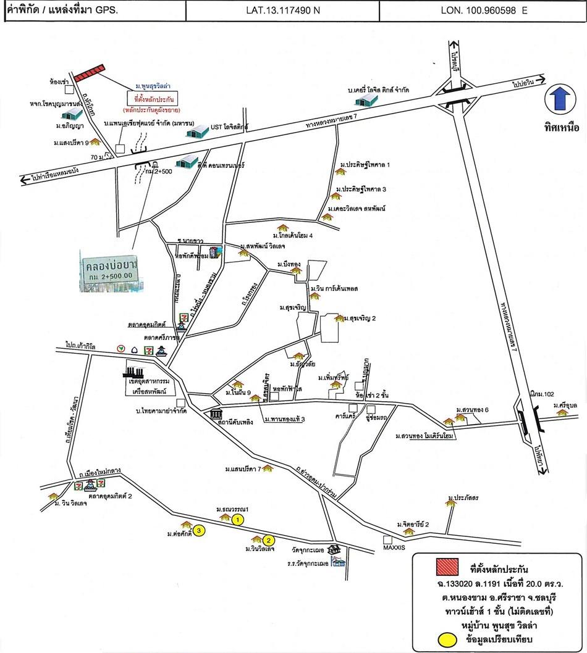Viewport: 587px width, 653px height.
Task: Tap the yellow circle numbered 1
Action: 238,520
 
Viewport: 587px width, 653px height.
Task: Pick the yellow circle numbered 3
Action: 198,530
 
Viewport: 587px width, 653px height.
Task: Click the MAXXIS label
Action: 393,547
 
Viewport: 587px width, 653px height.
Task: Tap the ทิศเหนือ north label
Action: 561,129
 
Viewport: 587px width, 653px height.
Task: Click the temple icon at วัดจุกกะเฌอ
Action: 335,548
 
